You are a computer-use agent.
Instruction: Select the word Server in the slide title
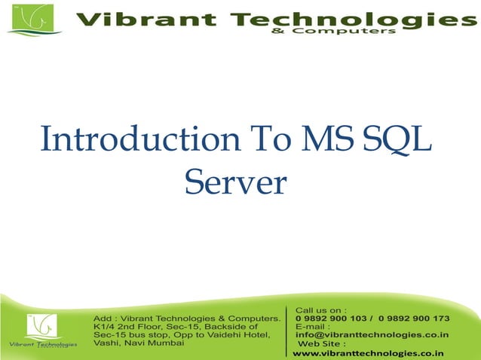tap(236, 182)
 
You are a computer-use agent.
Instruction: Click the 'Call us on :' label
tap(320, 310)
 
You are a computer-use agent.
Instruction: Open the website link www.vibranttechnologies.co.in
tap(368, 352)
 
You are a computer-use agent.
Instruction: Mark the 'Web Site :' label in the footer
tap(322, 343)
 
